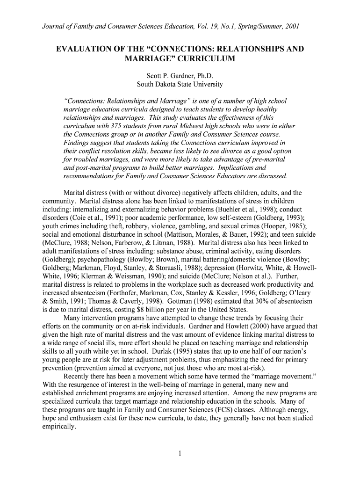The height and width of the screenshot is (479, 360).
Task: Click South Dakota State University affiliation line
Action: (x=180, y=84)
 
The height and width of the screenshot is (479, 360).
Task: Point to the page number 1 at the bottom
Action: (x=180, y=453)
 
